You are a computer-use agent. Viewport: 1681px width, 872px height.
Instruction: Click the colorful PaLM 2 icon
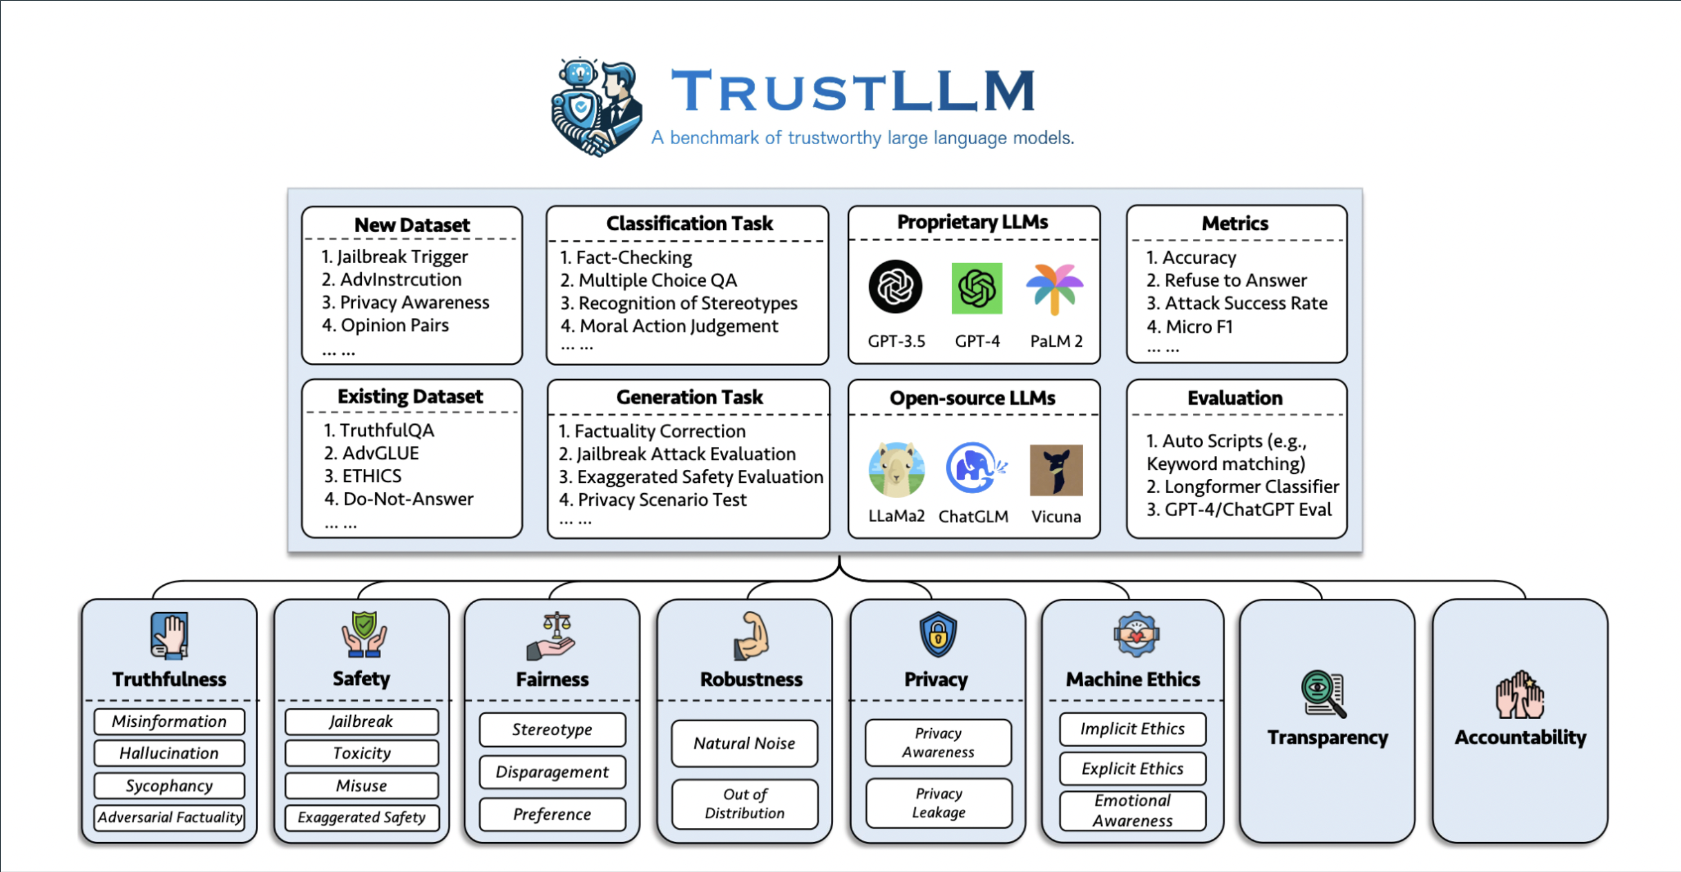(1054, 288)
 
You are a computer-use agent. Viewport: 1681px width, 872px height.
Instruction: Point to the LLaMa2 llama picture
(896, 469)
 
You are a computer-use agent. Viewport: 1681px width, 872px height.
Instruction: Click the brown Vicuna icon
(1056, 470)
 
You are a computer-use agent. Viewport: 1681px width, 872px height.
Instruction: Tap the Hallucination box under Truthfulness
(169, 753)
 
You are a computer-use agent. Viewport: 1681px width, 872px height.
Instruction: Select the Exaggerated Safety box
(361, 817)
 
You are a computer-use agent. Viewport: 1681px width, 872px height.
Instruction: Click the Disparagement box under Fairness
(552, 771)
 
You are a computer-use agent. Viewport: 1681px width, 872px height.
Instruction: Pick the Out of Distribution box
(745, 804)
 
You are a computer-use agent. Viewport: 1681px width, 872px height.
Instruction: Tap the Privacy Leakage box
(938, 803)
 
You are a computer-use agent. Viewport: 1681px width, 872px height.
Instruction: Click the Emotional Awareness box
(1132, 810)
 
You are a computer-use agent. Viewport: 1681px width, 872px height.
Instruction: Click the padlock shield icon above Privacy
(938, 634)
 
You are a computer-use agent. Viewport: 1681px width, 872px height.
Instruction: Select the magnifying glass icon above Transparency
(1323, 694)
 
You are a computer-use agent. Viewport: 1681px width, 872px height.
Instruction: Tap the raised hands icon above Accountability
(1520, 695)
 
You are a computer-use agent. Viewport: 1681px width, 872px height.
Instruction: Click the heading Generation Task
(689, 397)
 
